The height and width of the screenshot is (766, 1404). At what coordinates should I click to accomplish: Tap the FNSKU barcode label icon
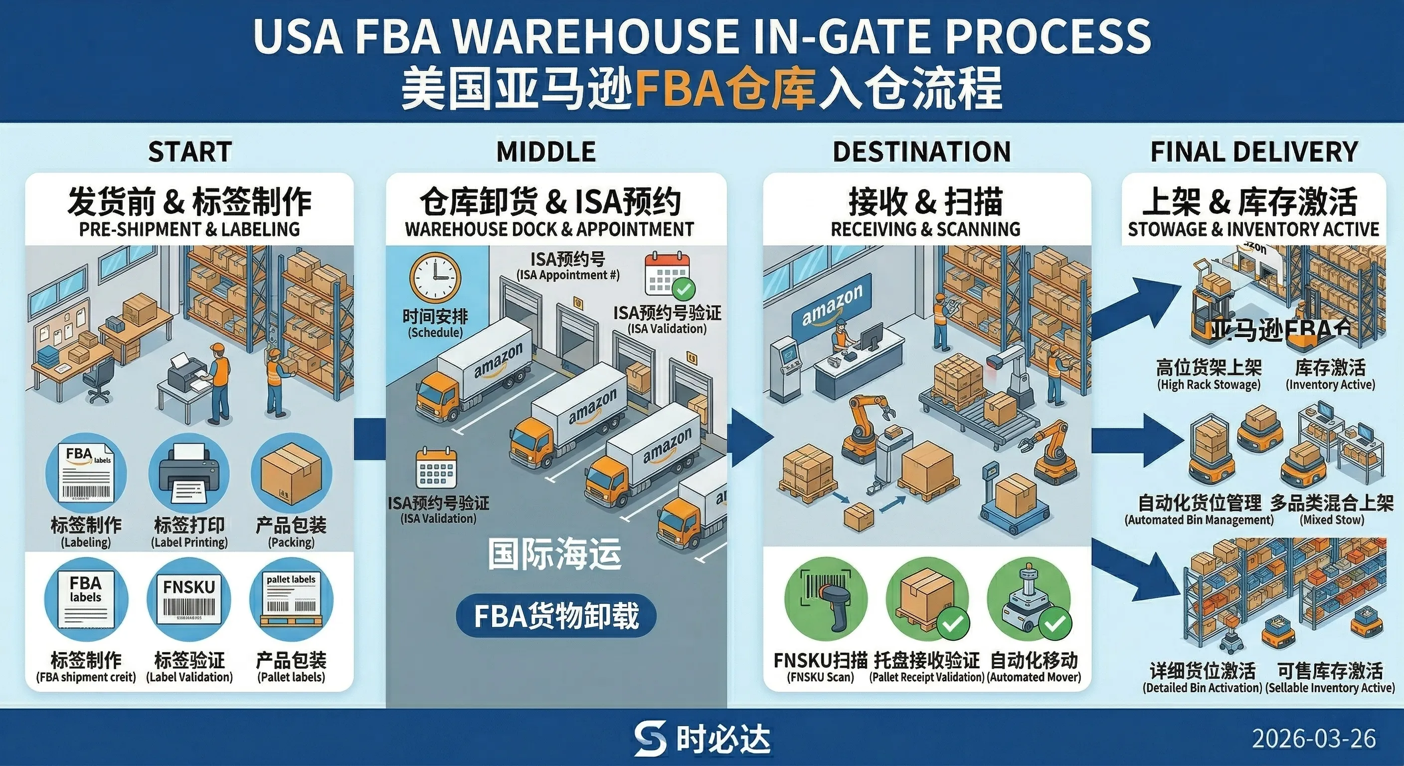point(188,599)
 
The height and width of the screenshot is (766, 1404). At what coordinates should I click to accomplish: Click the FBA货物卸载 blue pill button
point(555,616)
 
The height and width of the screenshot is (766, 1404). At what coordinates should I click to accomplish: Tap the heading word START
point(189,152)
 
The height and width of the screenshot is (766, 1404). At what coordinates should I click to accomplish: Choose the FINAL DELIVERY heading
point(1253,152)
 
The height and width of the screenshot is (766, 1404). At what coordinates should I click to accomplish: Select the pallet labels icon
point(291,599)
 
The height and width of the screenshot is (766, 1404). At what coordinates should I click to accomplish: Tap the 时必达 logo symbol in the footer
point(650,739)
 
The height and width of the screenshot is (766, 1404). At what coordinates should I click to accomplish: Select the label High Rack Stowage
point(1209,384)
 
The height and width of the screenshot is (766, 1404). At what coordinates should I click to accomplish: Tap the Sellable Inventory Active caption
point(1330,688)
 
